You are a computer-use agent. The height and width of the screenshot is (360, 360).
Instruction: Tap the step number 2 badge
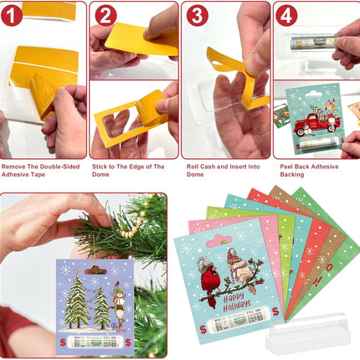coord(105,15)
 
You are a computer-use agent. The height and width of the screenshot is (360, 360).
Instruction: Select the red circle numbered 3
coord(196,15)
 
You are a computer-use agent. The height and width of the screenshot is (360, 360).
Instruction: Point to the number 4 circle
coord(287,15)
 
